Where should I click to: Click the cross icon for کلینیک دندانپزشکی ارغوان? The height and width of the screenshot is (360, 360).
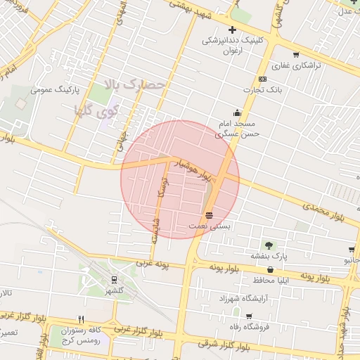233,30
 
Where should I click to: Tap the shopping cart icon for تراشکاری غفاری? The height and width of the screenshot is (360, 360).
296,55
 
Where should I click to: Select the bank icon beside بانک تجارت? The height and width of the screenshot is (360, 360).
262,79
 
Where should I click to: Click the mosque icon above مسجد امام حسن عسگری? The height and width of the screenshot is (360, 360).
237,113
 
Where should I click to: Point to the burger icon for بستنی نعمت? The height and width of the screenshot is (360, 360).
209,215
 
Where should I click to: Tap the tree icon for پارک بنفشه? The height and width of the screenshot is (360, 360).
269,245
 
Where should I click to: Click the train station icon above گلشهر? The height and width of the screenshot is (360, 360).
115,279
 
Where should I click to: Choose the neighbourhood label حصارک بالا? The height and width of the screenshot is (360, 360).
134,84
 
